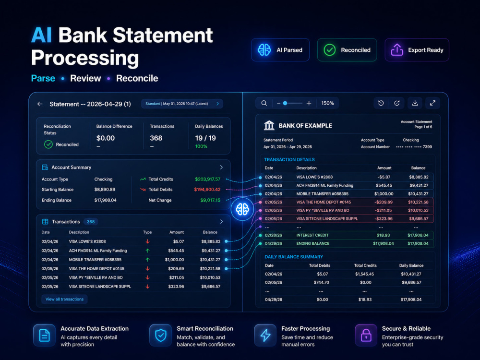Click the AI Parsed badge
280,50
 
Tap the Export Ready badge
417,50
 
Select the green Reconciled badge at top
347,50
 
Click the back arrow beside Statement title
40,104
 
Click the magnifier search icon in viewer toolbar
264,103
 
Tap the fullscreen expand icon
432,103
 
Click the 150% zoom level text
327,103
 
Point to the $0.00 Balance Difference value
106,138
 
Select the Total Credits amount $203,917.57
207,179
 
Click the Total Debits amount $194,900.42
207,190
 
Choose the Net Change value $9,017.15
210,200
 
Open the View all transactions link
65,299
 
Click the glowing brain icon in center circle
242,209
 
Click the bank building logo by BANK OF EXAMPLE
269,125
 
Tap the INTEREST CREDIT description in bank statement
312,235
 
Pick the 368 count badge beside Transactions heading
91,222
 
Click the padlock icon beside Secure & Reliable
366,336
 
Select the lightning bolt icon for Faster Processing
265,336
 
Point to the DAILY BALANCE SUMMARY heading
294,257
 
